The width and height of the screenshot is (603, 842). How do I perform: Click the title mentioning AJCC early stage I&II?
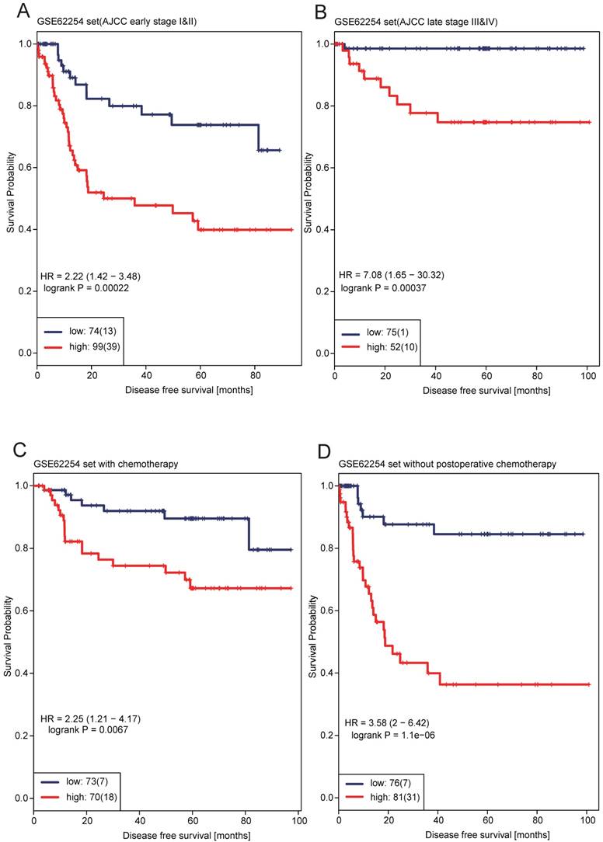pyautogui.click(x=117, y=21)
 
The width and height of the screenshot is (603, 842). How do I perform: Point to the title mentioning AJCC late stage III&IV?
pyautogui.click(x=417, y=21)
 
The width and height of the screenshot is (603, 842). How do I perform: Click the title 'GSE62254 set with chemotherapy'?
pyautogui.click(x=106, y=464)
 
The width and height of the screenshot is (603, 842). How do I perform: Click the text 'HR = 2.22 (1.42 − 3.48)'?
pyautogui.click(x=90, y=277)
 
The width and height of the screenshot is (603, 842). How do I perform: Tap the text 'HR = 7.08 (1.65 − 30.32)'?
pyautogui.click(x=392, y=275)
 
